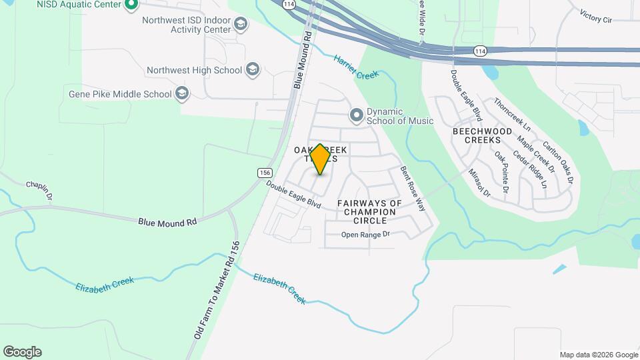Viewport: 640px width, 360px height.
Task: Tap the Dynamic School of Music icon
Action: [x=357, y=116]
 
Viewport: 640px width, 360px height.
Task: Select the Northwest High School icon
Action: [x=252, y=69]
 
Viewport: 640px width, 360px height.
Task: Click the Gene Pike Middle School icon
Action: [x=181, y=94]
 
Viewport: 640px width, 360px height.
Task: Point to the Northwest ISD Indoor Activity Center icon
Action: [x=241, y=25]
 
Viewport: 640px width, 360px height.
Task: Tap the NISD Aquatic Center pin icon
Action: [x=131, y=5]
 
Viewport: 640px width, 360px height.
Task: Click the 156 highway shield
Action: [x=263, y=173]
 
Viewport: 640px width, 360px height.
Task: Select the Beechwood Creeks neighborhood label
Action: [x=482, y=136]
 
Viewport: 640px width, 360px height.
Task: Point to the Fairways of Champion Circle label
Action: [x=369, y=211]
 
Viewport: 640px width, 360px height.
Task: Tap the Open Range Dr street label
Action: [x=365, y=235]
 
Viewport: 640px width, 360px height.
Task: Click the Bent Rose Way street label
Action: [x=412, y=189]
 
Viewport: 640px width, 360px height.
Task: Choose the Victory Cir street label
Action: [x=595, y=16]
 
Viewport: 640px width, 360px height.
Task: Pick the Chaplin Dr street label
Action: [x=39, y=189]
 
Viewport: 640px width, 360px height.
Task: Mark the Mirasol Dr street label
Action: [x=479, y=182]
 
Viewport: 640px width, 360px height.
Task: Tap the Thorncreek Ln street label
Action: [x=512, y=115]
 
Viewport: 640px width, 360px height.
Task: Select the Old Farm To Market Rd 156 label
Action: [x=216, y=290]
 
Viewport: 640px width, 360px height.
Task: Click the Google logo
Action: [x=22, y=352]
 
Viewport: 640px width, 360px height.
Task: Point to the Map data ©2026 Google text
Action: [x=598, y=355]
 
